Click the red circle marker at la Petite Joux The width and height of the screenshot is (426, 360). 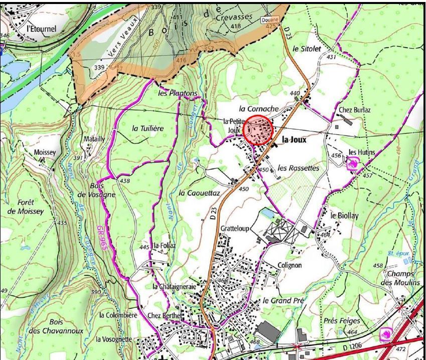click(258, 130)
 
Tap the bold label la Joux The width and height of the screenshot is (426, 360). click(294, 140)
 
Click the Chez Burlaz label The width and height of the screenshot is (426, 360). click(355, 110)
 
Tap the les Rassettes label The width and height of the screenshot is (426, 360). click(298, 168)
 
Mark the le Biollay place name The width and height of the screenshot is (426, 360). click(345, 215)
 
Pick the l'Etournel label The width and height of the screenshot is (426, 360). click(41, 29)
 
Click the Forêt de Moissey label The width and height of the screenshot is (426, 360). click(26, 207)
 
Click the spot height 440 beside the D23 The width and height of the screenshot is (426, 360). click(295, 93)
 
